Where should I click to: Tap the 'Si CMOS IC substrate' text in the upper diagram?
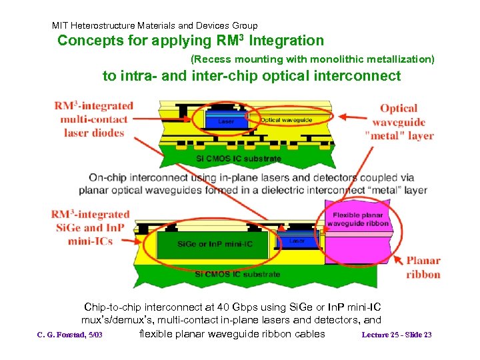click(238, 159)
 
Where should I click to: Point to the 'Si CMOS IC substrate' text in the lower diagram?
click(238, 274)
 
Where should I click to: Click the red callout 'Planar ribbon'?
click(423, 267)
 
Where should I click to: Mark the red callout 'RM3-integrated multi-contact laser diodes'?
click(94, 119)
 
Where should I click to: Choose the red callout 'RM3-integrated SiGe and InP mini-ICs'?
click(90, 227)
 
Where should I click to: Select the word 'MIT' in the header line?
click(61, 26)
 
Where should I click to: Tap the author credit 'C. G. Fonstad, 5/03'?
click(69, 335)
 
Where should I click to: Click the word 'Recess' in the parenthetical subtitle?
click(211, 59)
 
